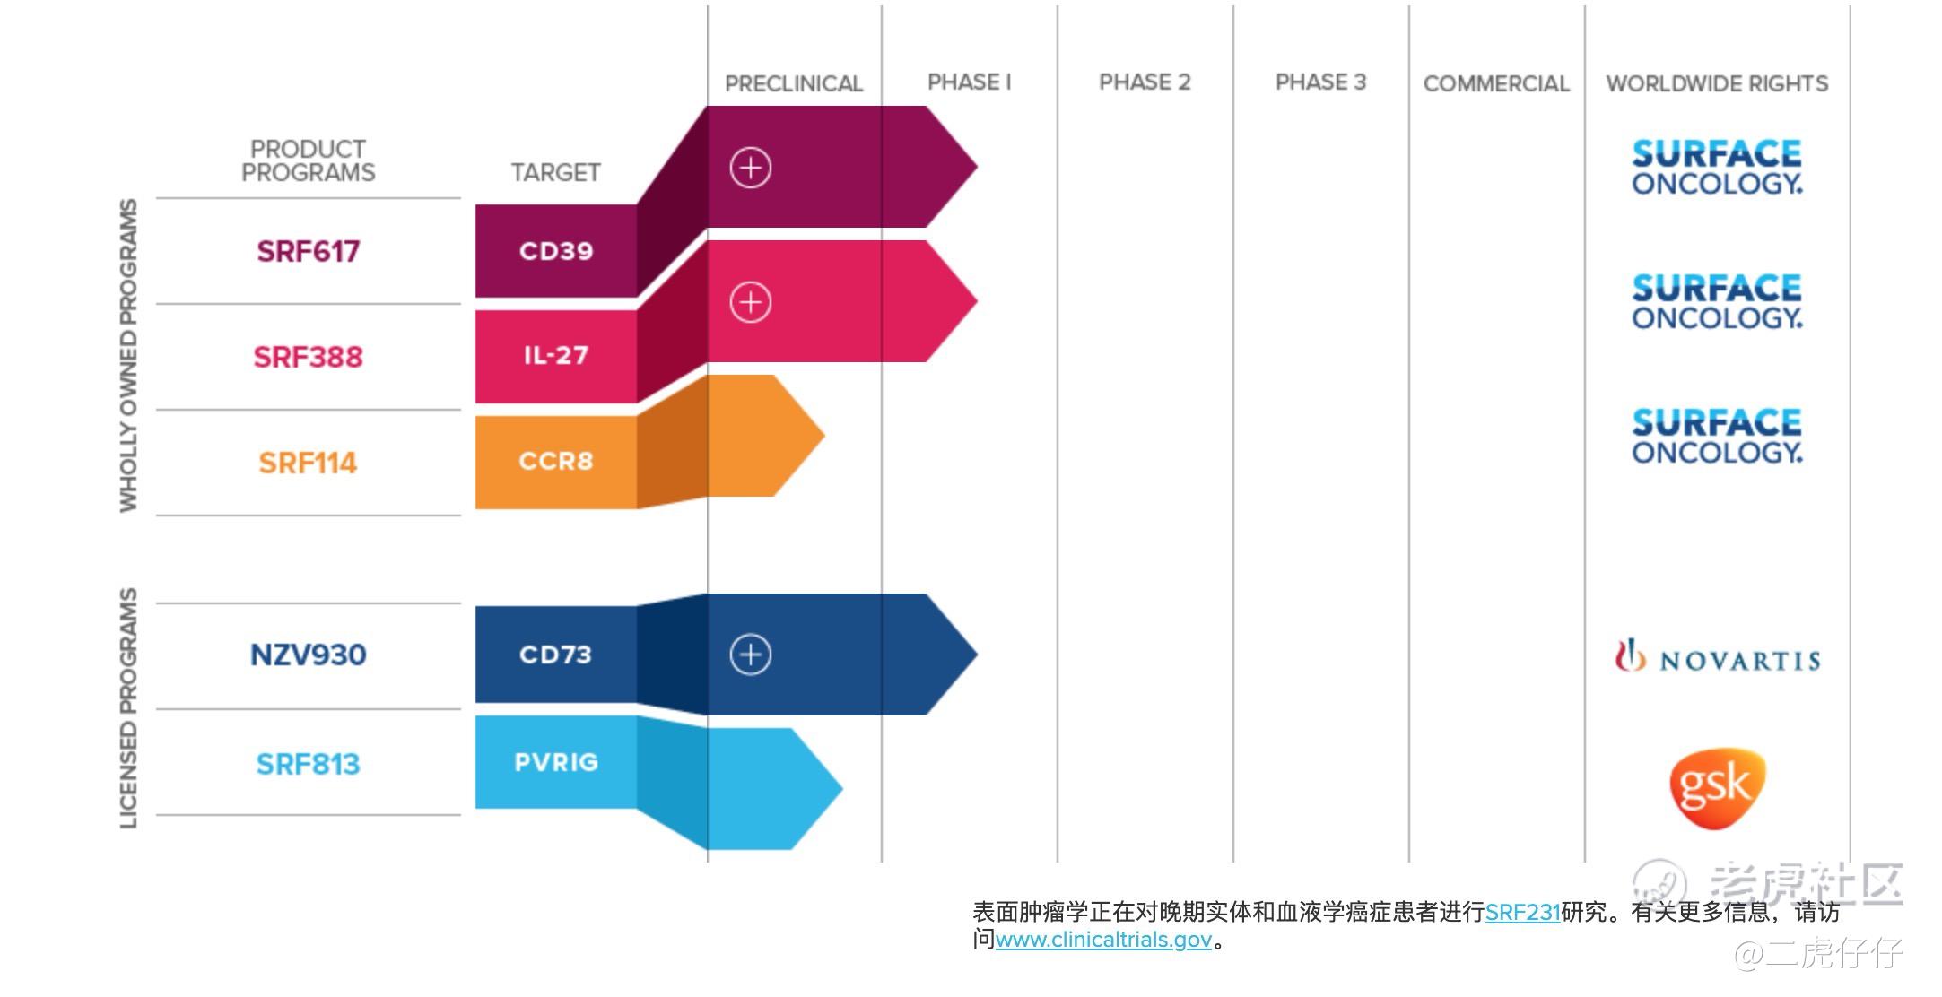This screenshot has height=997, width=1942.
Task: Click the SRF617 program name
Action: pyautogui.click(x=308, y=251)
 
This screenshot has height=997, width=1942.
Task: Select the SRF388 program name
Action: pyautogui.click(x=308, y=357)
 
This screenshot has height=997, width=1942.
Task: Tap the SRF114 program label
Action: pyautogui.click(x=308, y=463)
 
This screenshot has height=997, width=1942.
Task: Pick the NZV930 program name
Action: pyautogui.click(x=308, y=655)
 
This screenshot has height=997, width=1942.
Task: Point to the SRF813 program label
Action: pyautogui.click(x=308, y=764)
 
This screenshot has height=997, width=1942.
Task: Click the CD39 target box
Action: pyautogui.click(x=556, y=251)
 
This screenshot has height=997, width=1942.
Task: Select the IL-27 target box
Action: pyautogui.click(x=556, y=356)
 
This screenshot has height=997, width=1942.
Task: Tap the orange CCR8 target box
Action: pyautogui.click(x=556, y=462)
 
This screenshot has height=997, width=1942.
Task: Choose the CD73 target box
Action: pyautogui.click(x=556, y=655)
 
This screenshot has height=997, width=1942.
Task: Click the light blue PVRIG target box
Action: pyautogui.click(x=556, y=762)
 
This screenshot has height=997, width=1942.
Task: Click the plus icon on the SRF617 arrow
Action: pyautogui.click(x=751, y=168)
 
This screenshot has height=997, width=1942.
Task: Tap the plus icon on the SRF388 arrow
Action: pyautogui.click(x=751, y=302)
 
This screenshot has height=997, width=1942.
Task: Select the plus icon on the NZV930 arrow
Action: pyautogui.click(x=751, y=655)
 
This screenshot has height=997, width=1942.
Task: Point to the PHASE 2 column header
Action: pyautogui.click(x=1145, y=82)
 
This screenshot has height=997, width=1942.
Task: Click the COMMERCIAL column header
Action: pyautogui.click(x=1496, y=83)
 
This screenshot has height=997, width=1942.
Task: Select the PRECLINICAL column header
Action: pyautogui.click(x=794, y=83)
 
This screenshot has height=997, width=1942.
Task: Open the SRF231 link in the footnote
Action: pyautogui.click(x=1522, y=912)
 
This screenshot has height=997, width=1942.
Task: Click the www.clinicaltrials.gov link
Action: pyautogui.click(x=1103, y=940)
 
